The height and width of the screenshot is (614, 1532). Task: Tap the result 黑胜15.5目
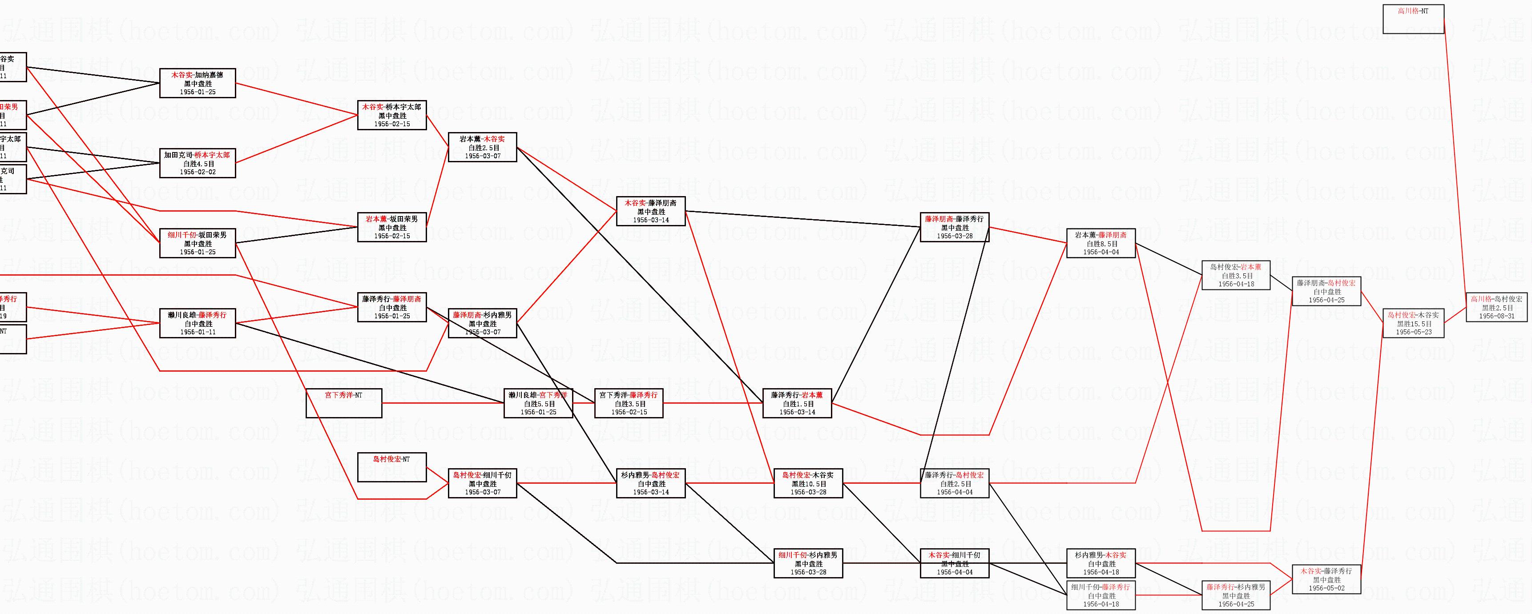coord(1414,324)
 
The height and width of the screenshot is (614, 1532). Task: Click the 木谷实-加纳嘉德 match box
coord(198,83)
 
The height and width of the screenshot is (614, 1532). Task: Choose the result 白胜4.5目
coord(198,164)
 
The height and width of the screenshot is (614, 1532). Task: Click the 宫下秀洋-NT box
coord(343,402)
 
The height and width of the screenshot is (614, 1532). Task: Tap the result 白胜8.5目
coord(1101,244)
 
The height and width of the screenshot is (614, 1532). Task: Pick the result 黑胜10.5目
coord(808,484)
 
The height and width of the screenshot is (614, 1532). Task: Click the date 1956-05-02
coord(1326,589)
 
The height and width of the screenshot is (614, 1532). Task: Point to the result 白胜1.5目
coord(797,404)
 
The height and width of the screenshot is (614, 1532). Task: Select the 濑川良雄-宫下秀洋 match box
coord(538,402)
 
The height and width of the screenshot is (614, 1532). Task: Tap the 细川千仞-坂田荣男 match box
coord(198,243)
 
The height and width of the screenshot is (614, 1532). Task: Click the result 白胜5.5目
coord(538,404)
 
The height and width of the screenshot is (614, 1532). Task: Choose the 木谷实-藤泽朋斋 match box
coord(651,211)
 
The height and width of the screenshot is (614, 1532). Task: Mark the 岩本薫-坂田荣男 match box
coord(391,227)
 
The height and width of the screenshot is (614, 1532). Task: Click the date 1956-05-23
coord(1414,332)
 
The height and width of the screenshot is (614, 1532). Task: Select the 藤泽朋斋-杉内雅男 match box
coord(482,323)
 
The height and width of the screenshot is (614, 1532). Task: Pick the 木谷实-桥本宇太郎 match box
coord(391,115)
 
